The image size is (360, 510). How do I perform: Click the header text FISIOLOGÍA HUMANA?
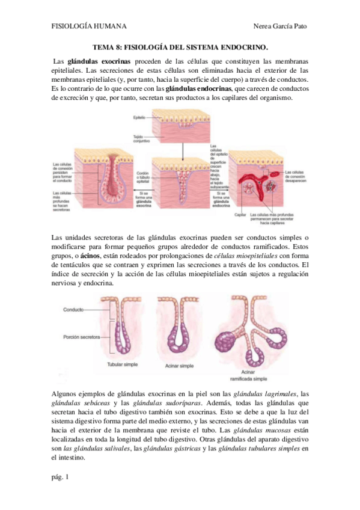89,26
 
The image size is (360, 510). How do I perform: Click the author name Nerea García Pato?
281,26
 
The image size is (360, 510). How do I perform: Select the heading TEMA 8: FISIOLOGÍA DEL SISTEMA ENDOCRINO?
180,47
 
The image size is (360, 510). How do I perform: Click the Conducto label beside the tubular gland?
73,309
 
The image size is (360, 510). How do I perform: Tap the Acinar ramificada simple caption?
251,375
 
